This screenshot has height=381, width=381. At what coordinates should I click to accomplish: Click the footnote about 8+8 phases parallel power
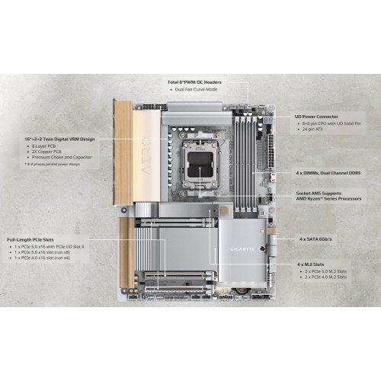click(50, 165)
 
